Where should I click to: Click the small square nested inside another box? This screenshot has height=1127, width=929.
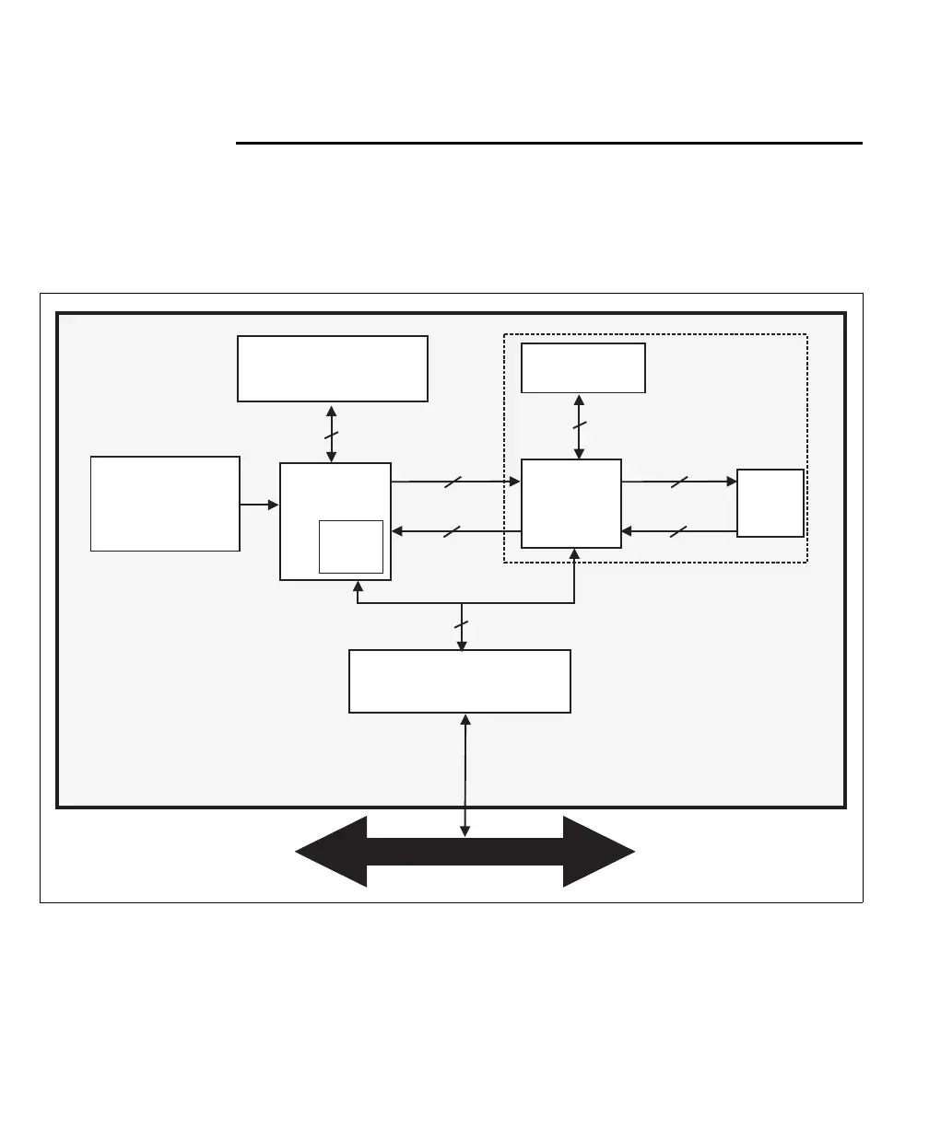point(350,546)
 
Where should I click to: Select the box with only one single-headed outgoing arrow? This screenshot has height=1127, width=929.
point(165,503)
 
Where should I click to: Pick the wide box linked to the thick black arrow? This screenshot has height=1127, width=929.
point(459,680)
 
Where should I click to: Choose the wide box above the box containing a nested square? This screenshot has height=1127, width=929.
point(332,368)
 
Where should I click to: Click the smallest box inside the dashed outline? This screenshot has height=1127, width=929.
point(770,503)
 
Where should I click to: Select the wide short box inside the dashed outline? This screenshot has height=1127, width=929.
point(582,367)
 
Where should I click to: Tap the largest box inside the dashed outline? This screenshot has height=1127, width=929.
point(570,503)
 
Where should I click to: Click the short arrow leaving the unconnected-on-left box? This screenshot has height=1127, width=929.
point(259,505)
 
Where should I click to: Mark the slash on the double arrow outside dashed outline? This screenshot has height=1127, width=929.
point(332,434)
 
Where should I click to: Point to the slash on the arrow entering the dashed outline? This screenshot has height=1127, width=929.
point(452,482)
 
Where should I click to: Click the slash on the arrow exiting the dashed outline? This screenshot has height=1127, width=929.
point(452,531)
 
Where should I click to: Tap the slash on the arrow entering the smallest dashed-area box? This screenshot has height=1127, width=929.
point(678,482)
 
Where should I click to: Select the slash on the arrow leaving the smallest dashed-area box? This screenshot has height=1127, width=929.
point(678,531)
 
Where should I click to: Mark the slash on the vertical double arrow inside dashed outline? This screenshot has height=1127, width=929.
point(579,426)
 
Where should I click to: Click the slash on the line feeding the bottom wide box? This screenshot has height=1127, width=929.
point(462,626)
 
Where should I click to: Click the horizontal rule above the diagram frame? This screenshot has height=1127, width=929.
point(549,143)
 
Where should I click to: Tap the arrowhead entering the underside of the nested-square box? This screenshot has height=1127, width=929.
point(358,587)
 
